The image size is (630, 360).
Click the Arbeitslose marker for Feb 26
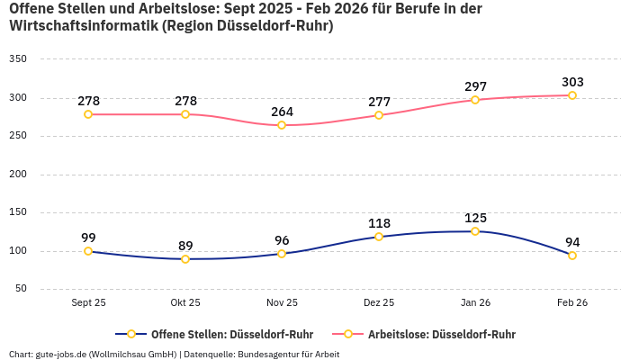click(572, 95)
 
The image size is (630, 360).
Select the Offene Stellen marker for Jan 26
click(475, 231)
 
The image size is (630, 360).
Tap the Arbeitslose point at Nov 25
click(282, 125)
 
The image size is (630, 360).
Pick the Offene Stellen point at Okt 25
click(185, 259)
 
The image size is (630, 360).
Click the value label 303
click(572, 82)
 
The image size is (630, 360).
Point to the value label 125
click(475, 218)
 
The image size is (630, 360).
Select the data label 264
click(282, 112)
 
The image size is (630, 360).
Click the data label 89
click(185, 246)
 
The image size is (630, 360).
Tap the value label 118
click(379, 223)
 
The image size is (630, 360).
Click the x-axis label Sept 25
click(88, 303)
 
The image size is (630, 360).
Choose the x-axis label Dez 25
click(379, 303)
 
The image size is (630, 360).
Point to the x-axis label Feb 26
click(572, 303)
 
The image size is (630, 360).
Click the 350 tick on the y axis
click(18, 59)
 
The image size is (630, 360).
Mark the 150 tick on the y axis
click(18, 212)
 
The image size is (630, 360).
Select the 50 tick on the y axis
click(21, 289)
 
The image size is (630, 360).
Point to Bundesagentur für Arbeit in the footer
click(287, 354)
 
